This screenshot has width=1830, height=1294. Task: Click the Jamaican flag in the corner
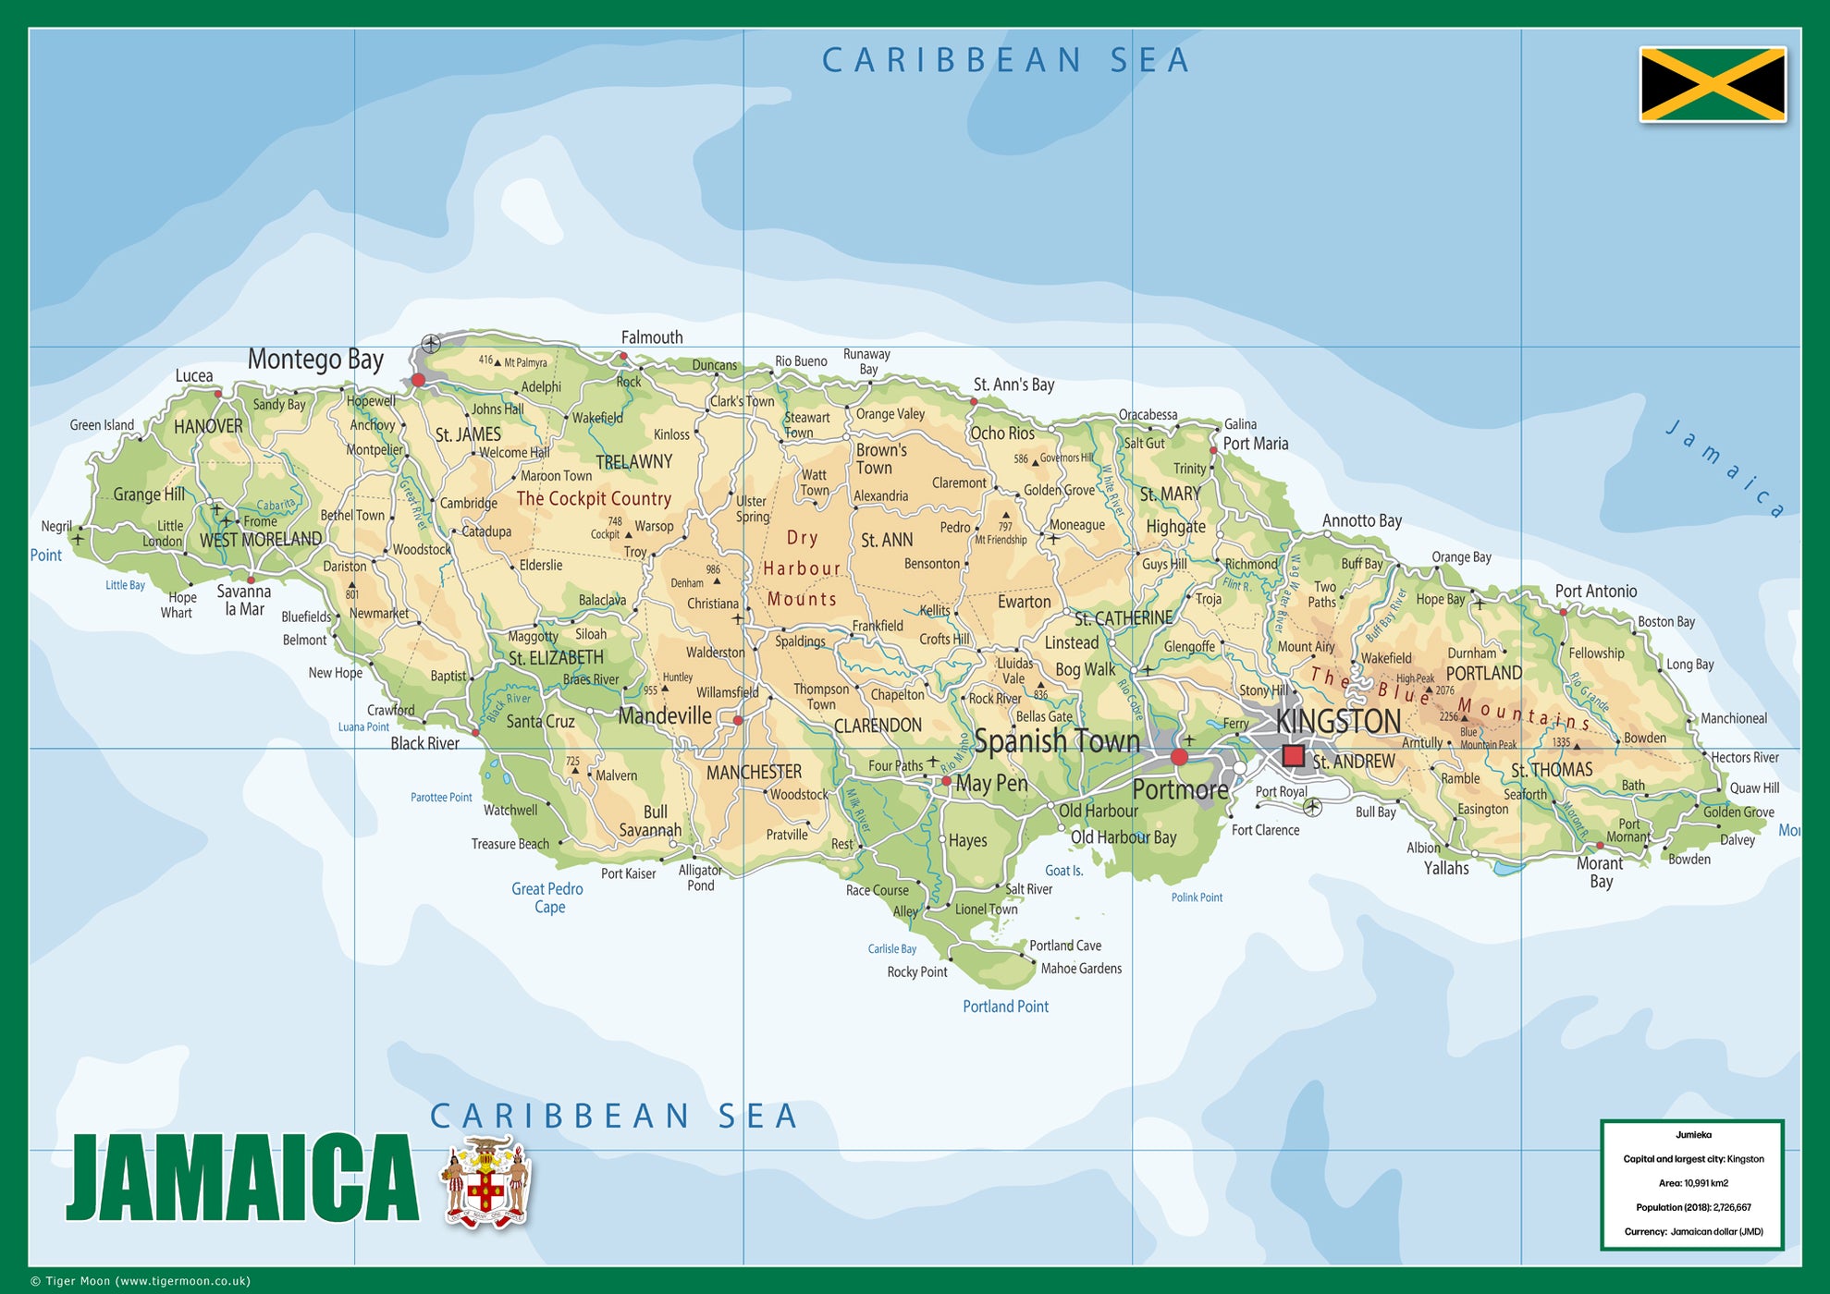pos(1713,84)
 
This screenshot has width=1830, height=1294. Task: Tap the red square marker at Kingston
pos(1293,756)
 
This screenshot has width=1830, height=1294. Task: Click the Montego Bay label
pos(315,360)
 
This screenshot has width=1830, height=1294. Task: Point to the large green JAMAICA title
pos(242,1179)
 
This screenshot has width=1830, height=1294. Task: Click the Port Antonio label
pos(1595,592)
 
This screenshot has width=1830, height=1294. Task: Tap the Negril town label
pos(56,526)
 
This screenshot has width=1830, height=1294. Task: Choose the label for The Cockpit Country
pos(594,499)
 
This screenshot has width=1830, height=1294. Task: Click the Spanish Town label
pos(1057,741)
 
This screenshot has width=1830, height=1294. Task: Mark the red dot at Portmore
pos(1179,757)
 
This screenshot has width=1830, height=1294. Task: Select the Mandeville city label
pos(665,716)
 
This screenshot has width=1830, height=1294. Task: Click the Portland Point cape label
pos(1005,1007)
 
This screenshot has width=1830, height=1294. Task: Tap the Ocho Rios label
pos(1001,433)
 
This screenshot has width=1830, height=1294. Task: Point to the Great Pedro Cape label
pos(547,897)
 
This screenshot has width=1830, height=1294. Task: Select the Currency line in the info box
pos(1693,1231)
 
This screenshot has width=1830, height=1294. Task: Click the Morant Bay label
pos(1600,872)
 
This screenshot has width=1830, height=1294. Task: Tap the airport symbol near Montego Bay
pos(431,344)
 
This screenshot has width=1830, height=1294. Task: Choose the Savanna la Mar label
pos(243,600)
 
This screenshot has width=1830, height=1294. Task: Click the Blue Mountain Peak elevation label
pos(1488,739)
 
